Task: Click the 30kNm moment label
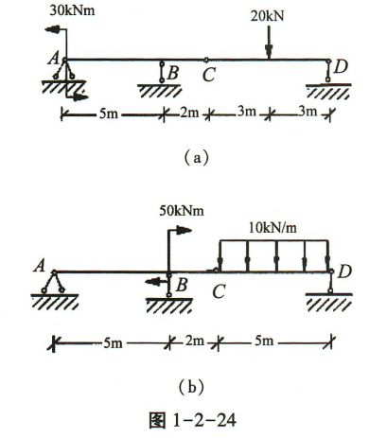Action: click(72, 10)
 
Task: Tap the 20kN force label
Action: click(267, 16)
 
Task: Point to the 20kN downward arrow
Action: click(269, 43)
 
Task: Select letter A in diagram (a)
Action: click(54, 59)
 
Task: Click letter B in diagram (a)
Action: click(173, 73)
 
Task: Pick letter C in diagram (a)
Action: click(209, 75)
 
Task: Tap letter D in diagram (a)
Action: click(341, 66)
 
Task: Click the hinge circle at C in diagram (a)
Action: click(206, 60)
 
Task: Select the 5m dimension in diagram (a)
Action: click(109, 114)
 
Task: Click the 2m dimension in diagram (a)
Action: click(189, 113)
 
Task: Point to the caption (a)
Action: click(197, 157)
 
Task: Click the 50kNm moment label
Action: click(182, 210)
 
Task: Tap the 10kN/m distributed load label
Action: click(273, 228)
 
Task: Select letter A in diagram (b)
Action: click(40, 267)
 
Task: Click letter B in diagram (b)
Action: click(182, 285)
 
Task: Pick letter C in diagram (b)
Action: click(219, 291)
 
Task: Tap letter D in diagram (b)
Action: click(344, 272)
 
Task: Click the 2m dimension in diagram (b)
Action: click(194, 342)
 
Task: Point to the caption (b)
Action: click(192, 387)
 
